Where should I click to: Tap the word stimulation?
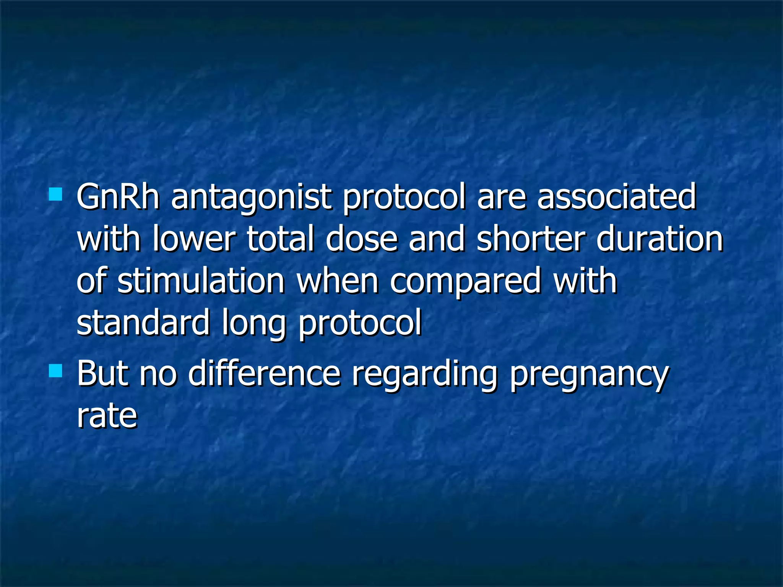[x=201, y=281]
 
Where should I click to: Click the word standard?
[x=143, y=323]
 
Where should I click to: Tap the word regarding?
[x=424, y=375]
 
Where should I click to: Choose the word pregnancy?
[x=589, y=375]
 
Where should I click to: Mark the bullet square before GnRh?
[x=56, y=194]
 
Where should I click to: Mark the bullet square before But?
[x=56, y=370]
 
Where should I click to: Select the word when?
[x=338, y=281]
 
